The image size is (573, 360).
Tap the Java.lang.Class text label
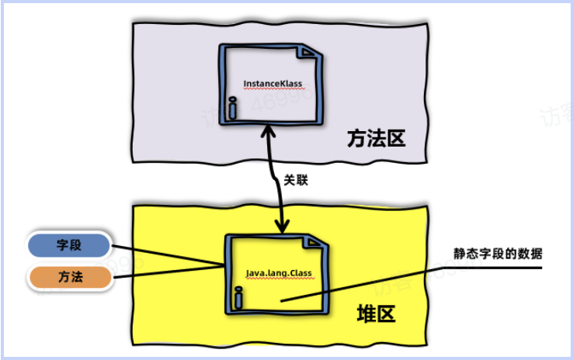280,273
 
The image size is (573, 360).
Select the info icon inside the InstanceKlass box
232,106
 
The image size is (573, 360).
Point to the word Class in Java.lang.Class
299,273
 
